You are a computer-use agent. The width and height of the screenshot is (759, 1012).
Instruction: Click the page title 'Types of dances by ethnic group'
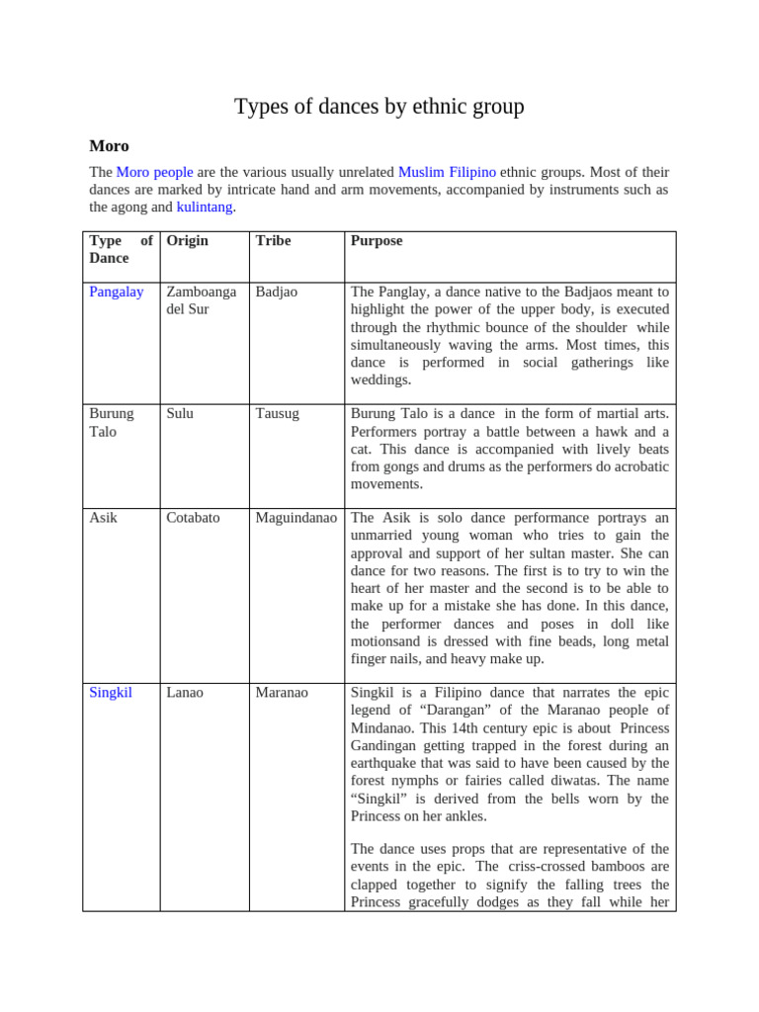(379, 107)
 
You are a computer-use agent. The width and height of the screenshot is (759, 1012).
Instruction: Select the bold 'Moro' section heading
(109, 146)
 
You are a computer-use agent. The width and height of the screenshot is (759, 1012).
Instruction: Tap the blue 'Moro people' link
(154, 172)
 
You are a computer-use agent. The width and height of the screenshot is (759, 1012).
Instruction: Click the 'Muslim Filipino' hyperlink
(447, 172)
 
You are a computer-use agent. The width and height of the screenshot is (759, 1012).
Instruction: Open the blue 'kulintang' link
(205, 207)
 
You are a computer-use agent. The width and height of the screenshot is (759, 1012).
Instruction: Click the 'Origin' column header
(188, 241)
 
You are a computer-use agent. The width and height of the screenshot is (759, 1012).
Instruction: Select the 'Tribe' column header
(273, 241)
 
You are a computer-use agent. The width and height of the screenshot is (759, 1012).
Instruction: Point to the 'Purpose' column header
(377, 241)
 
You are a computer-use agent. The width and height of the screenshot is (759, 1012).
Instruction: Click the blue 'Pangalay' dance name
(116, 293)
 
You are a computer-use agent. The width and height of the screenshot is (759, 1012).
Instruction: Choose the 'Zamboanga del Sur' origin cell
(202, 300)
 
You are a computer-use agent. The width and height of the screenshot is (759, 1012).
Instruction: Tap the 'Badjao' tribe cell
(276, 293)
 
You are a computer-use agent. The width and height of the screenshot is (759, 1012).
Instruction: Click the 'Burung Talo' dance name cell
(111, 422)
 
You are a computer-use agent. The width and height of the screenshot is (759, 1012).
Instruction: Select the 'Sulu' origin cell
(180, 414)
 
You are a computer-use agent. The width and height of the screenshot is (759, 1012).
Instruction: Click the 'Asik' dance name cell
(103, 518)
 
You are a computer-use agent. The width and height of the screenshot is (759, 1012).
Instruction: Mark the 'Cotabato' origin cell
(193, 518)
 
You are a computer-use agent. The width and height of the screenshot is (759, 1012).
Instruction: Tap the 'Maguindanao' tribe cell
(295, 518)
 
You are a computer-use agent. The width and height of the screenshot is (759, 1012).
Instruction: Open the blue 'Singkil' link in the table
(110, 693)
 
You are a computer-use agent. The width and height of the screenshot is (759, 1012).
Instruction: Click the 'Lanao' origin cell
(185, 693)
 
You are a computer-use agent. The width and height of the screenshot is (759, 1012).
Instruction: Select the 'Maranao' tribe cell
(282, 693)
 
